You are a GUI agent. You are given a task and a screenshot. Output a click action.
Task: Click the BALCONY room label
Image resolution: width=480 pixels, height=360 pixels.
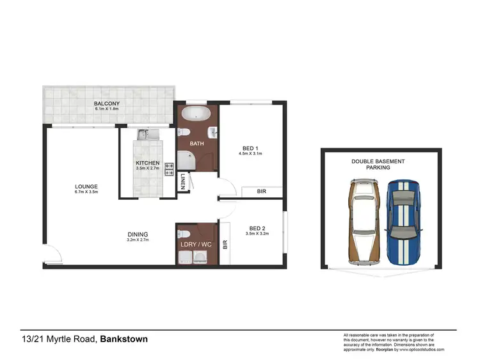(107, 103)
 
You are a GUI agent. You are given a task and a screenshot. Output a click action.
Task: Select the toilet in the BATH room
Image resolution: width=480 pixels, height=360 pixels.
(183, 133)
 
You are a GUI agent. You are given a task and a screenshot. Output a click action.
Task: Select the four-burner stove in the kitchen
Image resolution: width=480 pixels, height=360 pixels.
(170, 169)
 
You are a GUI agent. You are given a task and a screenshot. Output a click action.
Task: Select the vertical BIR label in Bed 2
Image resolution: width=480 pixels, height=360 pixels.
(225, 244)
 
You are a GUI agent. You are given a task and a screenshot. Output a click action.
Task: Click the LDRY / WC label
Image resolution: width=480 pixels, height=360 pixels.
(196, 244)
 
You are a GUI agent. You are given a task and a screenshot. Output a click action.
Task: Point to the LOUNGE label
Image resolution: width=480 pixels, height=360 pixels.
(85, 186)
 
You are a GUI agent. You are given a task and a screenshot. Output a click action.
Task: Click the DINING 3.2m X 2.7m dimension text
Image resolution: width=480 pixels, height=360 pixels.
(137, 240)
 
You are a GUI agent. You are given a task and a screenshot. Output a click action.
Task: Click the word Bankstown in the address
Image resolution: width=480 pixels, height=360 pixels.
(124, 339)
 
